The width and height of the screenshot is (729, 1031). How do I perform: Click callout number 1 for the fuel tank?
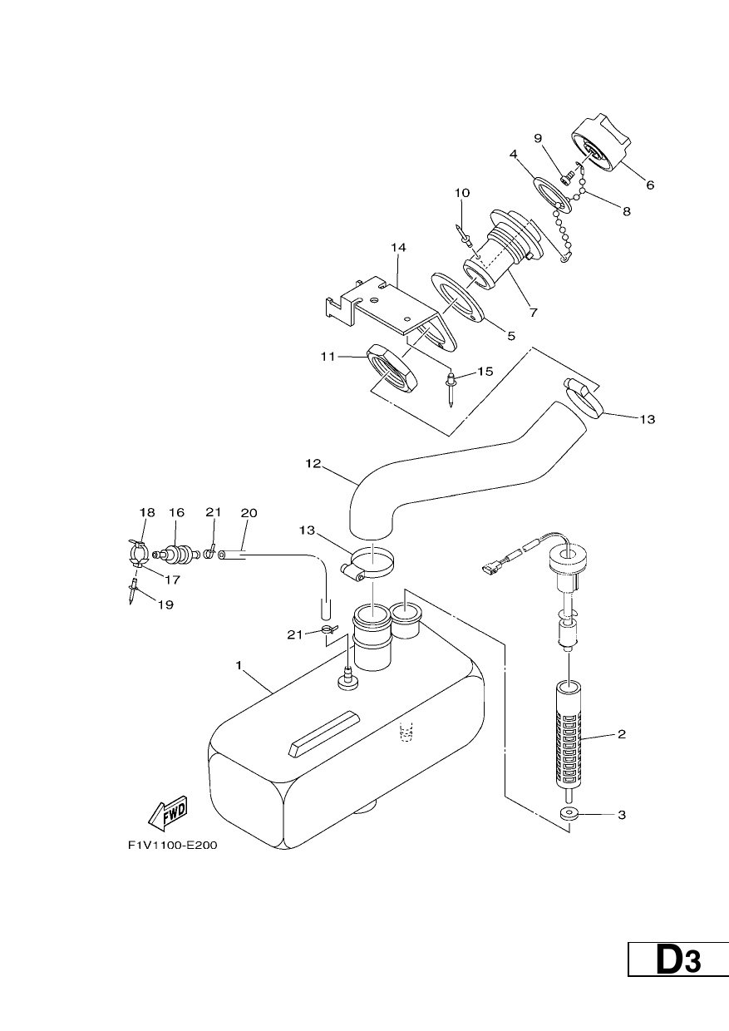(239, 665)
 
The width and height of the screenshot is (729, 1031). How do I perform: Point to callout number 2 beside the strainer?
(621, 734)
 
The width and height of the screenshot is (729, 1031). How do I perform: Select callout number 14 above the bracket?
(398, 247)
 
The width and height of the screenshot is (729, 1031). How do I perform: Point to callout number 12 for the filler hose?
(313, 463)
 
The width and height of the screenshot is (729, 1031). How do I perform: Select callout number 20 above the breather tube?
(249, 512)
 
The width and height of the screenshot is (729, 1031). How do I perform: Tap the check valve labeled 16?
(178, 553)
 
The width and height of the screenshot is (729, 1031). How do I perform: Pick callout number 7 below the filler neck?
(534, 313)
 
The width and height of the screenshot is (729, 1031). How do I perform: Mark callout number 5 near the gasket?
(511, 336)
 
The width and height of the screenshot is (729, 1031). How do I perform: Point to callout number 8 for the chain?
(627, 211)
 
